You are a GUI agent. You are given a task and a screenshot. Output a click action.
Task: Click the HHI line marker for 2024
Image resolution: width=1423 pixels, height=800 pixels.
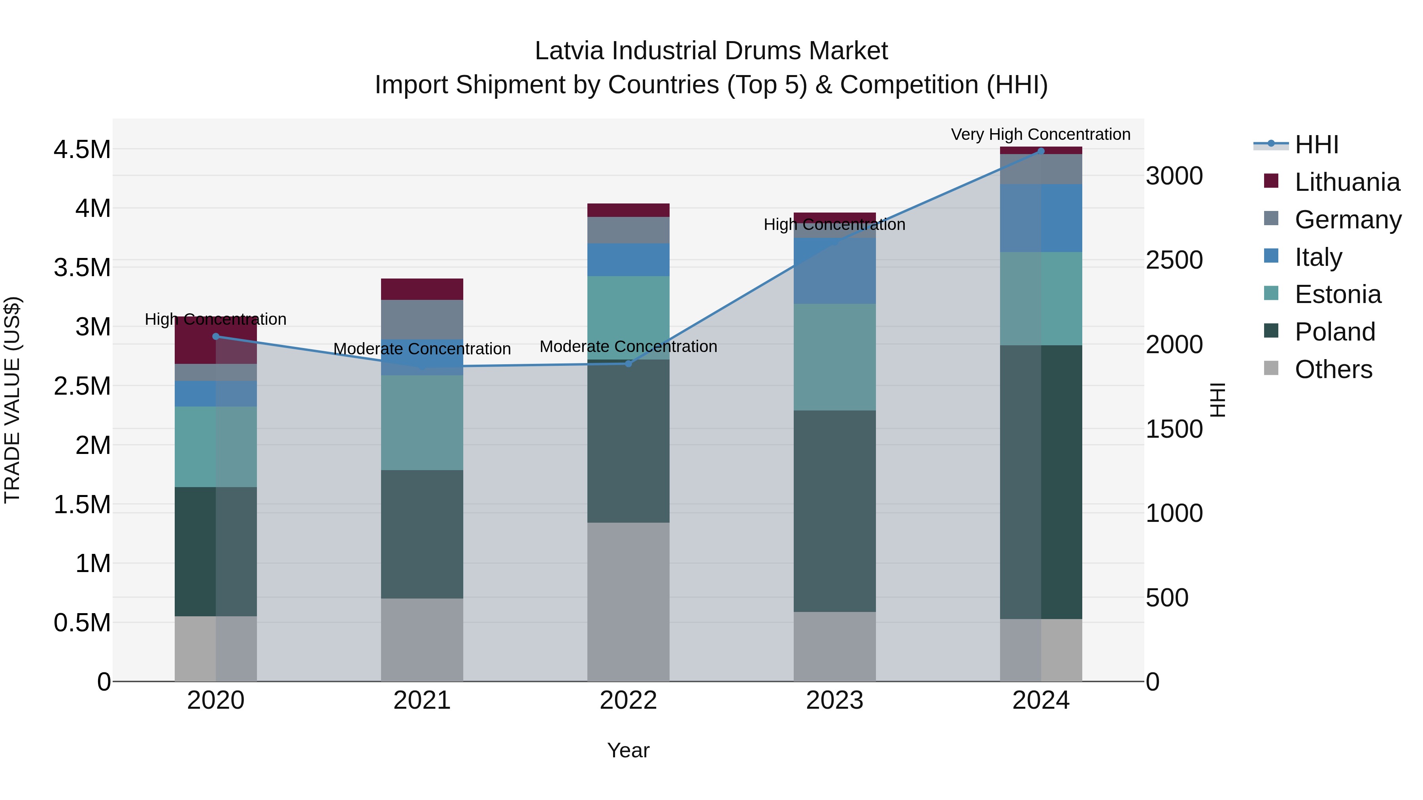(x=1041, y=151)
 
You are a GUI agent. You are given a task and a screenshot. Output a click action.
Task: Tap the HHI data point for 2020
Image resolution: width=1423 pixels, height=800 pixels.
(x=216, y=336)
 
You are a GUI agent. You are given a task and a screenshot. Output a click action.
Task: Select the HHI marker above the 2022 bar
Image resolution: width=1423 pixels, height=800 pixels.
(x=628, y=363)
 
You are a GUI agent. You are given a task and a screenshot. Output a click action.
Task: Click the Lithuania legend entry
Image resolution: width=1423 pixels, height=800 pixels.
(x=1347, y=182)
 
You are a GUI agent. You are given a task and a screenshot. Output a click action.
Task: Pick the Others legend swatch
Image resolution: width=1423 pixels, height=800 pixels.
(x=1271, y=368)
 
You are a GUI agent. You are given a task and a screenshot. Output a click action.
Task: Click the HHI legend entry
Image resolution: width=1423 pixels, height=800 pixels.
(x=1316, y=145)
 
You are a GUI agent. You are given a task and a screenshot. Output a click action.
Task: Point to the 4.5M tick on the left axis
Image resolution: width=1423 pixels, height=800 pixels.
(x=82, y=150)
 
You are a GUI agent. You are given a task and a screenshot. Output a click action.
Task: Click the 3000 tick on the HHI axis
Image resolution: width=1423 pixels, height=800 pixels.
(x=1174, y=176)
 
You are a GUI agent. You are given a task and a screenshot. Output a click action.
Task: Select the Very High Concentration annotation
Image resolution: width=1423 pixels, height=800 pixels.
(x=1040, y=134)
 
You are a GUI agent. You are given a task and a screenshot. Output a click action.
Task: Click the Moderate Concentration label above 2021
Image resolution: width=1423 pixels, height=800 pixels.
(x=422, y=349)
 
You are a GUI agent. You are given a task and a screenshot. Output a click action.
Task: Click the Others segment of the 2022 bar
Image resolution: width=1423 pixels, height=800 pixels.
(x=628, y=602)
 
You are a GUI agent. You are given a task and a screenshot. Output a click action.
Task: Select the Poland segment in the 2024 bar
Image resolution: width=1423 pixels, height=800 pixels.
(x=1041, y=482)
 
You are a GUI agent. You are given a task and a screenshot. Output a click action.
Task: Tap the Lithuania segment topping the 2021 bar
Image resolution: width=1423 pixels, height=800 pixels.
(x=422, y=289)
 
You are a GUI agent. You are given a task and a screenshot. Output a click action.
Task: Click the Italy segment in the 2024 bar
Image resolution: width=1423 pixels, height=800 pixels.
(x=1041, y=218)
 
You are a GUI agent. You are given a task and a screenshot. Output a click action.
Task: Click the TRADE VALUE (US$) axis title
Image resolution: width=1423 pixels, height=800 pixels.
(x=12, y=400)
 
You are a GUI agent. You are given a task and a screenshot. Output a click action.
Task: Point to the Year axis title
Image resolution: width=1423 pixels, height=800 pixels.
(x=628, y=750)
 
